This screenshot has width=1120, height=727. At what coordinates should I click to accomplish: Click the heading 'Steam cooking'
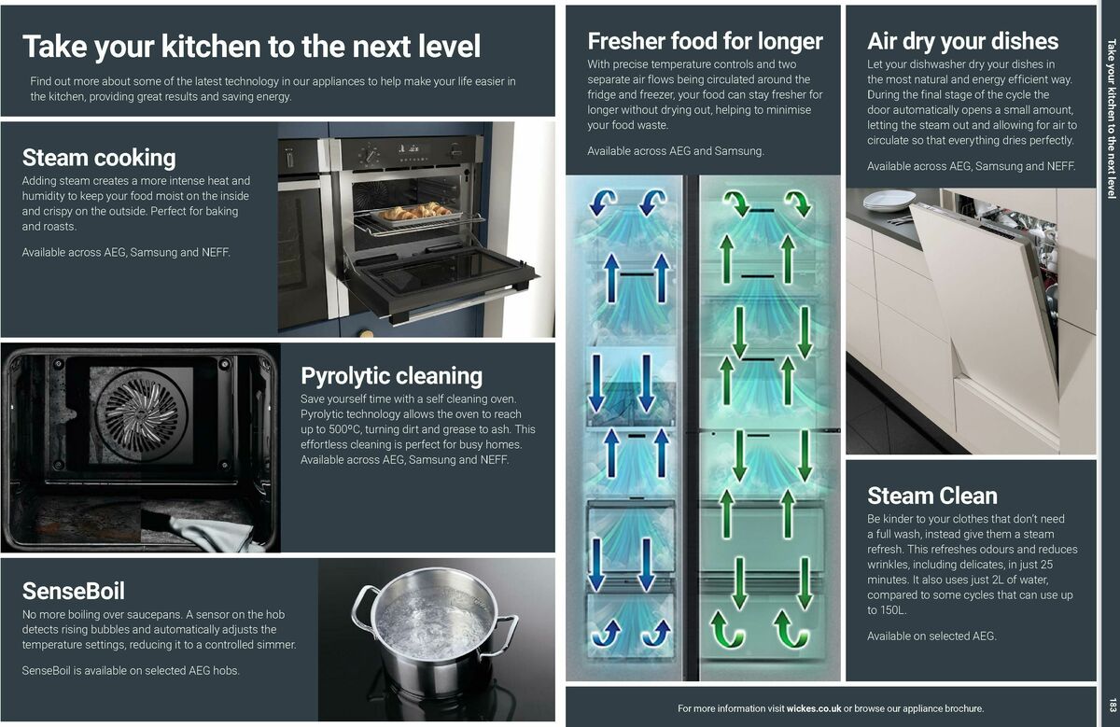[99, 157]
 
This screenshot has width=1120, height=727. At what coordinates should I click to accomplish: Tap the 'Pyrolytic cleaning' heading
[391, 376]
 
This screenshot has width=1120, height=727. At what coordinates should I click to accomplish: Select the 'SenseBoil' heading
[73, 591]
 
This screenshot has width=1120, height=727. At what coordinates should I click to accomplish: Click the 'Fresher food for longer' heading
[705, 41]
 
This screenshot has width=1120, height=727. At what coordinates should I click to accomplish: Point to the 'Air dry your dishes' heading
[962, 41]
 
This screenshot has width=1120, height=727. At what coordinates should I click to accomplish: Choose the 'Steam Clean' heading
[931, 496]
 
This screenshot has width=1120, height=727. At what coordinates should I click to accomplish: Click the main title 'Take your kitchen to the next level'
[251, 46]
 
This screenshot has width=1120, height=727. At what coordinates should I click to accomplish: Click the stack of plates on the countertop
[889, 200]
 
